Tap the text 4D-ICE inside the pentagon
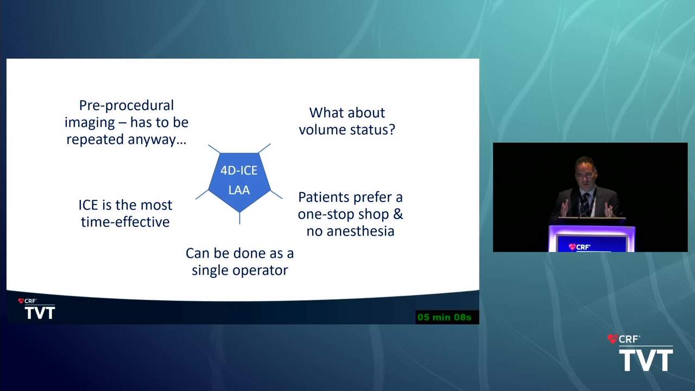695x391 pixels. click(x=239, y=171)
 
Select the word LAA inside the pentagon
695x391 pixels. click(x=239, y=190)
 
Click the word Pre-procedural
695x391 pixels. click(x=127, y=105)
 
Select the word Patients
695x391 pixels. click(x=324, y=197)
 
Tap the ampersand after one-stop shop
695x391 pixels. click(x=398, y=214)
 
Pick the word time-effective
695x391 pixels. click(x=125, y=222)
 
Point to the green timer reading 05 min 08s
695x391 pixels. click(x=444, y=317)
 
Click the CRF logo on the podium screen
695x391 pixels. click(x=579, y=247)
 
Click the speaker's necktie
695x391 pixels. click(x=585, y=205)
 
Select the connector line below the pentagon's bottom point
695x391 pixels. click(x=239, y=218)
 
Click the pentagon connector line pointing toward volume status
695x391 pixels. click(x=264, y=148)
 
